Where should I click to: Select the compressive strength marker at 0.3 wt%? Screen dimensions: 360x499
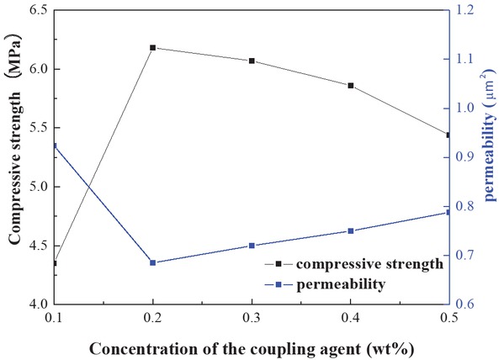pyautogui.click(x=252, y=61)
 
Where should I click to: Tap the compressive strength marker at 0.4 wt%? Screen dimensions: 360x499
pyautogui.click(x=350, y=86)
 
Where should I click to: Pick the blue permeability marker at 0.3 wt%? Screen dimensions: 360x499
pyautogui.click(x=252, y=246)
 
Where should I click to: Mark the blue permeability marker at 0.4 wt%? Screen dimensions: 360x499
pyautogui.click(x=350, y=230)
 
